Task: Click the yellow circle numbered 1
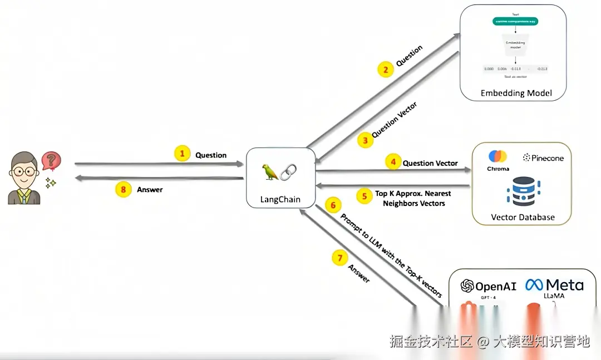(183, 154)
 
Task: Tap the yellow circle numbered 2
(384, 70)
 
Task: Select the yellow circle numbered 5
(364, 196)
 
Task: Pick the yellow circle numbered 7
(339, 258)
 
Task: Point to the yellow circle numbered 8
(123, 189)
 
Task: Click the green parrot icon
(271, 172)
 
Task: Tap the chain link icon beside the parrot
(288, 172)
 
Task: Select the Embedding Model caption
(516, 93)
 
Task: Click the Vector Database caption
(523, 217)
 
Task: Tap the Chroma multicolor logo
(498, 156)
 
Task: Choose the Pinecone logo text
(543, 158)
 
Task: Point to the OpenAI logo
(489, 286)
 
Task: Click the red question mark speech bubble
(51, 161)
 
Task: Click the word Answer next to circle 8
(150, 190)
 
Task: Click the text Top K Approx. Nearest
(413, 194)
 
